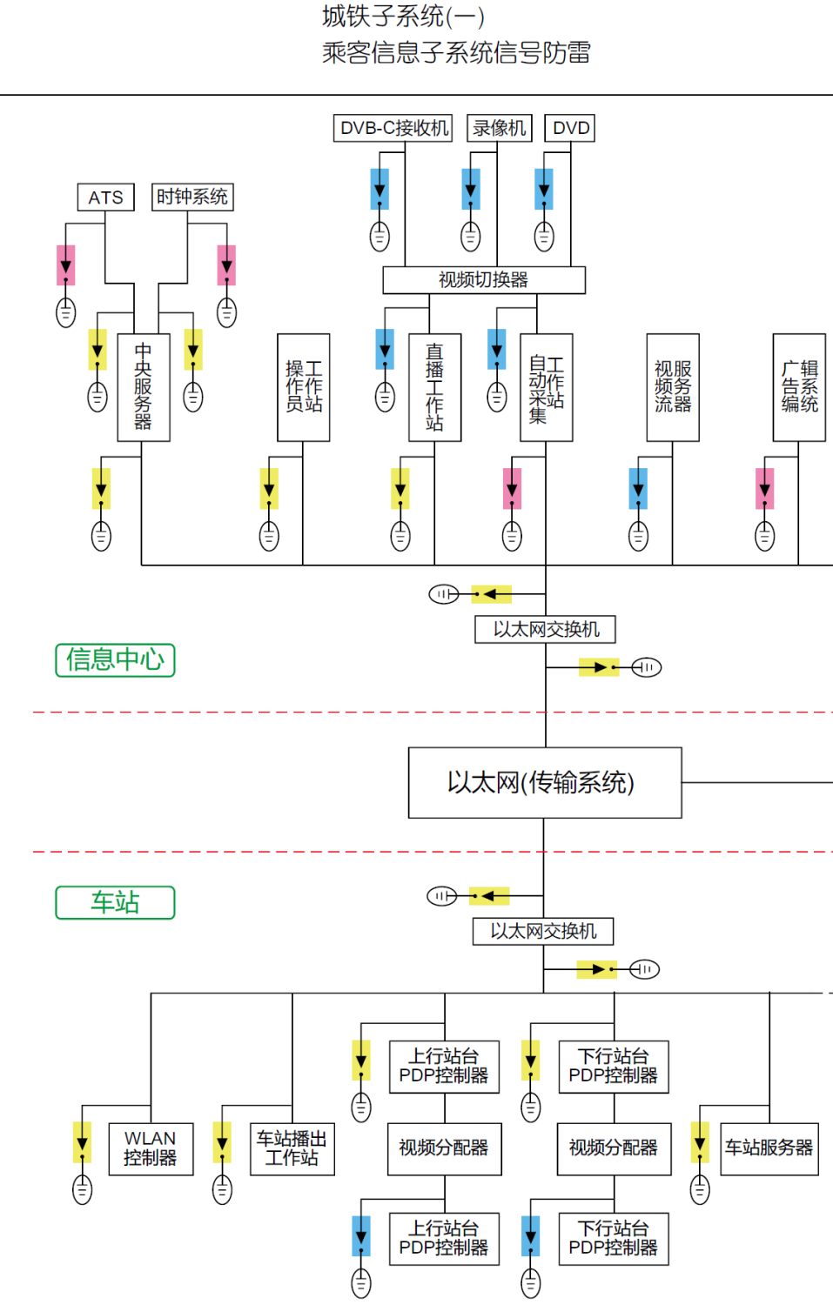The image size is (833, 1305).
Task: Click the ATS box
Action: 106,197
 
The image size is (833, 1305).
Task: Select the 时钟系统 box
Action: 192,197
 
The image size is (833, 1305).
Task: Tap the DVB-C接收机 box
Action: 393,128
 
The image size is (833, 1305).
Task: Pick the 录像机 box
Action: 499,128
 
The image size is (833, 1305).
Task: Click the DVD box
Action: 570,128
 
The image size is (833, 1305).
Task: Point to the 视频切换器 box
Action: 484,280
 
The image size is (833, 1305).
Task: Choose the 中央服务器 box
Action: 143,387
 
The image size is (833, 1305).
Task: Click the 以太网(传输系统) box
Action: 545,782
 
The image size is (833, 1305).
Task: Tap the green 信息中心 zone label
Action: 115,659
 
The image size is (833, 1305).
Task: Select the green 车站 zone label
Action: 115,902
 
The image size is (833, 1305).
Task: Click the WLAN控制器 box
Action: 151,1148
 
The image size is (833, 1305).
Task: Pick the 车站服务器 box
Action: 769,1148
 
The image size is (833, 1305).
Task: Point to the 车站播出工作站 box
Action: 292,1148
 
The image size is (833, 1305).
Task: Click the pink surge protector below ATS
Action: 66,265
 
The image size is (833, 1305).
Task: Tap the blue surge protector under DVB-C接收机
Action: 380,189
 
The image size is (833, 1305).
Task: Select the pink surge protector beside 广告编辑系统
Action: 765,488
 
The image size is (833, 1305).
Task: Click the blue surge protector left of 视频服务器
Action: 638,488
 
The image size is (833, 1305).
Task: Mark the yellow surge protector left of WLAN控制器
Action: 82,1142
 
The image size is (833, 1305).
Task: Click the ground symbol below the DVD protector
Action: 544,236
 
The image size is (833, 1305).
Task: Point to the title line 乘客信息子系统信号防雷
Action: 456,53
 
